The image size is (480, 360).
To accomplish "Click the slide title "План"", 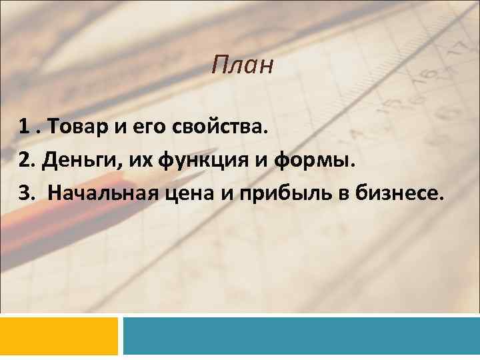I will point(243,65).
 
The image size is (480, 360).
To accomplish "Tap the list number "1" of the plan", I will point(23,127).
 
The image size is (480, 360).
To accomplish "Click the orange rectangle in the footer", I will point(59,335).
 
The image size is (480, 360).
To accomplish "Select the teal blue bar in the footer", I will point(301,335).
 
